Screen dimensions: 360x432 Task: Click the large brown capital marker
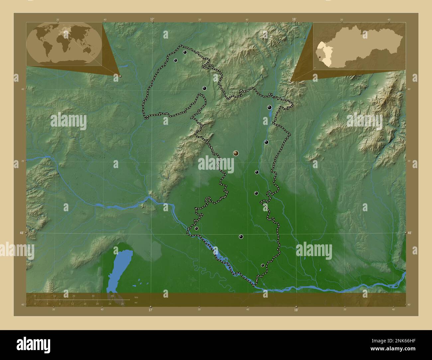tap(236, 153)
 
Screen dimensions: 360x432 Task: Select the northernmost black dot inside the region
tap(185, 52)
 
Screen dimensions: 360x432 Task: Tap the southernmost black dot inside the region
tap(263, 265)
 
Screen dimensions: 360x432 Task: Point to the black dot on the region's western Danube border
tap(196, 228)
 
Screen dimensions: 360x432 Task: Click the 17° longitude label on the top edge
tap(152, 19)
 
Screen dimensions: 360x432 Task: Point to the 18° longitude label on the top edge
tap(294, 19)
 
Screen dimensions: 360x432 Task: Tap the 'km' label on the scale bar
tap(136, 297)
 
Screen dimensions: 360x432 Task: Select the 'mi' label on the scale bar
tap(136, 303)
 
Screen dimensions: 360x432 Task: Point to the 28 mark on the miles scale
tap(122, 304)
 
